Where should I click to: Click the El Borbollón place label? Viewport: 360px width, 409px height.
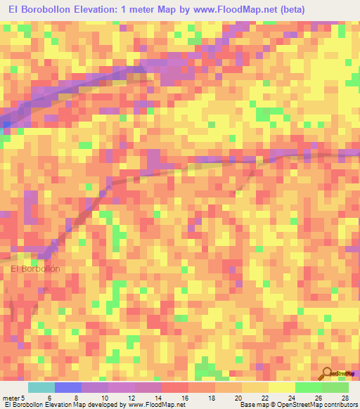click(x=36, y=268)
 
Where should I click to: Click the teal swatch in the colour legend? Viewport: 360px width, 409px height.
click(x=41, y=387)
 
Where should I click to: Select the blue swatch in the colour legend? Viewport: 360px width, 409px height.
click(x=68, y=387)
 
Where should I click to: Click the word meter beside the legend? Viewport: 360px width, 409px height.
click(x=13, y=398)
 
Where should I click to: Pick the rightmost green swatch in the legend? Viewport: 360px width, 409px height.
click(x=335, y=387)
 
